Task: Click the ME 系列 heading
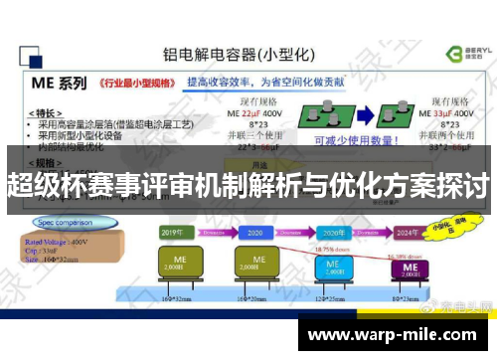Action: (x=61, y=82)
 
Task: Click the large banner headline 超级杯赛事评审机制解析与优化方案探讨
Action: (x=248, y=186)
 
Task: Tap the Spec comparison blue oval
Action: (x=65, y=222)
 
